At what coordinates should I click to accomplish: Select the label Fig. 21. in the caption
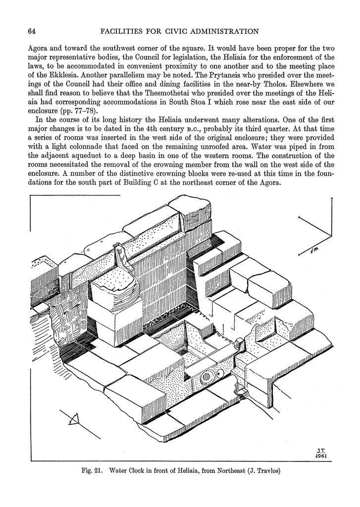coord(92,471)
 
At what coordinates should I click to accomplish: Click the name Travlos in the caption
coord(267,471)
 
